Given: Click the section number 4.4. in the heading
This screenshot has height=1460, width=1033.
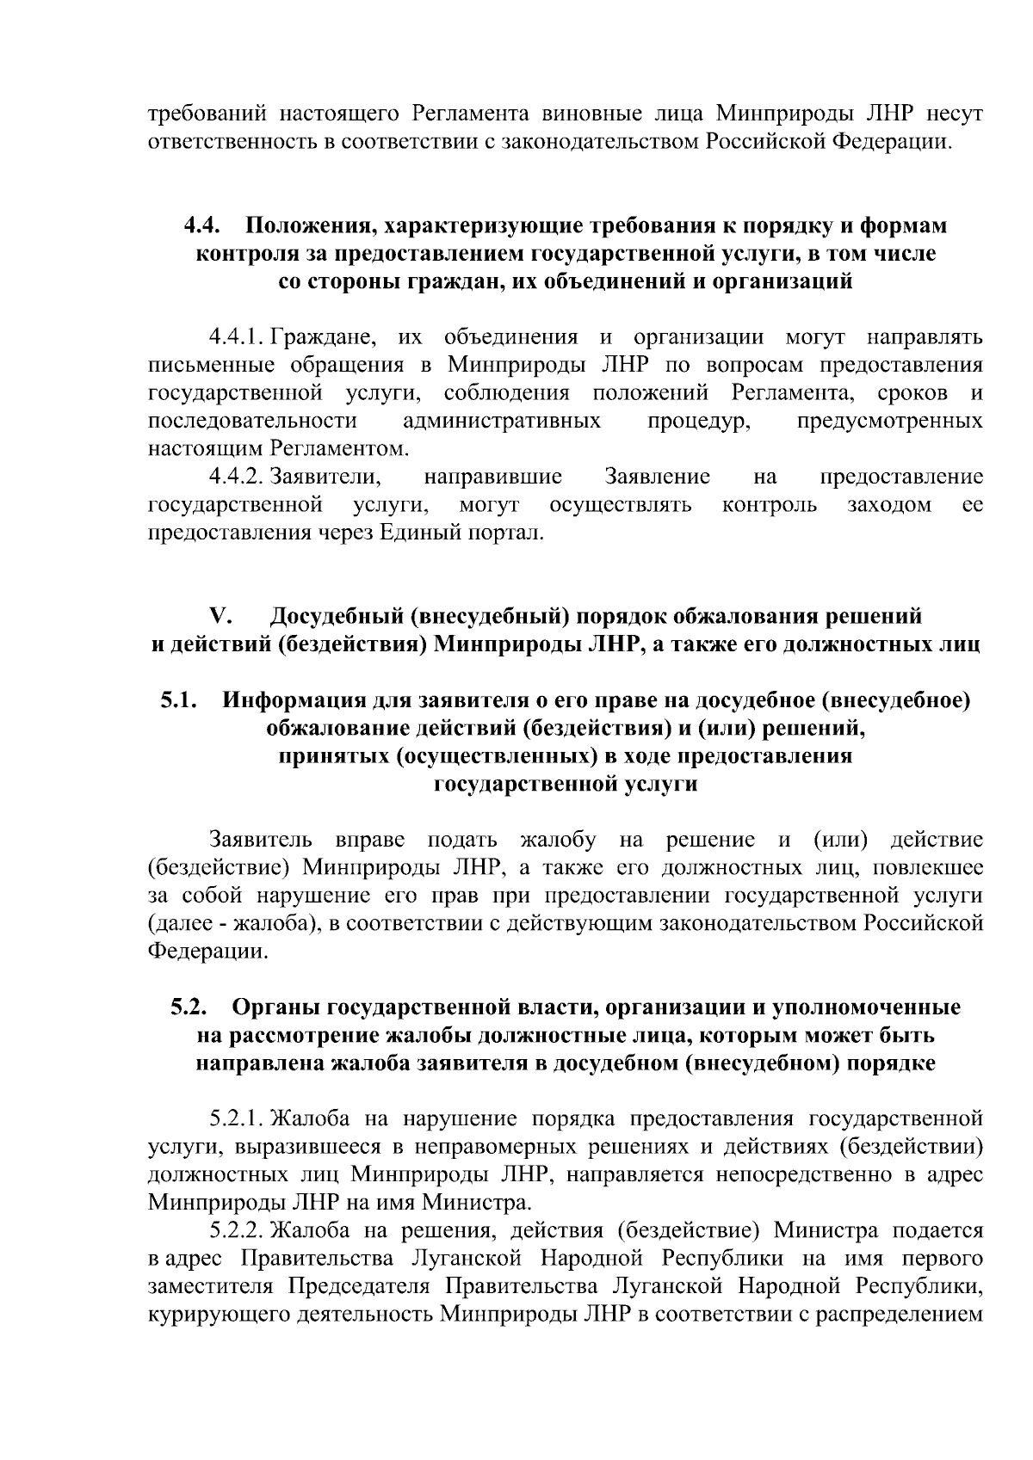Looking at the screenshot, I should tap(202, 226).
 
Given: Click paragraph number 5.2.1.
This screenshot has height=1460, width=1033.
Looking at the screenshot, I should tap(238, 1119).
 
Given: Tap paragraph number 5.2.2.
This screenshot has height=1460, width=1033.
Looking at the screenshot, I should tap(238, 1231).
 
